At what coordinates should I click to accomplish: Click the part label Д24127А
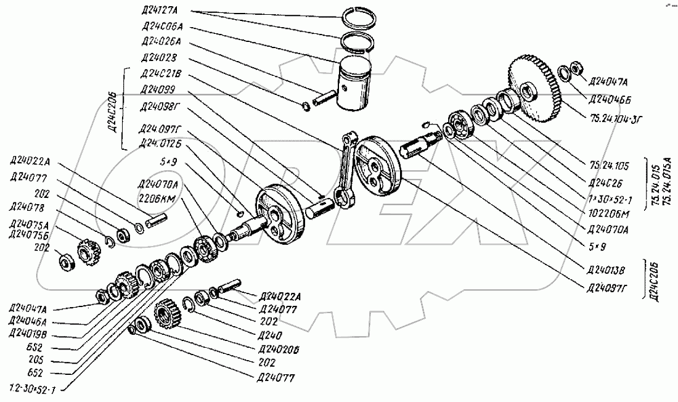pos(158,11)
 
